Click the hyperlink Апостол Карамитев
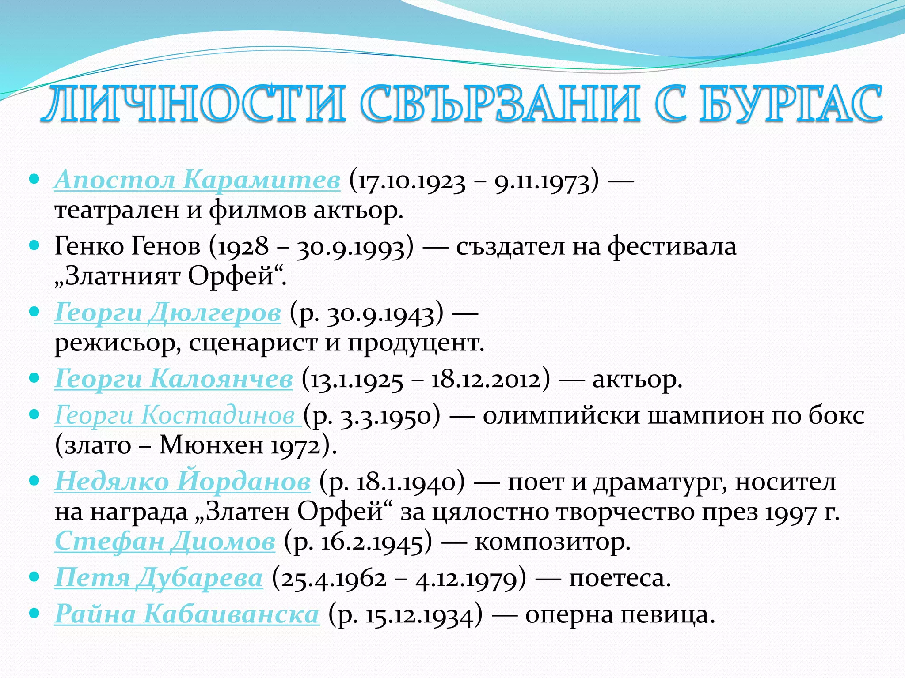pos(197,180)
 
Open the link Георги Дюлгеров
pos(167,313)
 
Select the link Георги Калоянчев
pos(173,379)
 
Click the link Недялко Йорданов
pos(183,481)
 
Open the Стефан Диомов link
pos(165,541)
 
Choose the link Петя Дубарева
pos(159,577)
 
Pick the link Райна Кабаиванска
pos(186,614)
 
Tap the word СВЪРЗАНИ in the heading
pos(499,104)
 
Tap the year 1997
pos(791,513)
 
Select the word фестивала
pos(672,246)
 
